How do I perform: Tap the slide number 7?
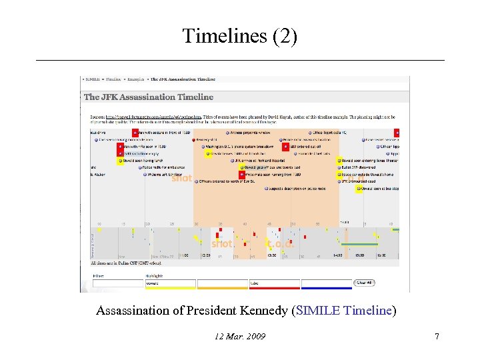click(437, 337)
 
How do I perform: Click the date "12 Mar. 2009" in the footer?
click(240, 337)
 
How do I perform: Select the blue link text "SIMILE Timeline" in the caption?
click(344, 311)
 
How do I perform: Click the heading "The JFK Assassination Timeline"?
click(149, 97)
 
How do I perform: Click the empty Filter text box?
click(117, 283)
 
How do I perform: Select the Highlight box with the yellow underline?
click(170, 283)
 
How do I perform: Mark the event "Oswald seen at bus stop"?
click(381, 189)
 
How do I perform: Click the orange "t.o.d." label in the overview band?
click(280, 244)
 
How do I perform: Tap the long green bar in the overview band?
click(360, 245)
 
